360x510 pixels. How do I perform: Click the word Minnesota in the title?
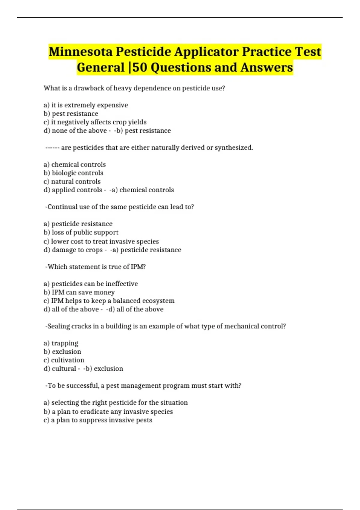[81, 52]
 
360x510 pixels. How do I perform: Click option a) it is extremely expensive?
[86, 105]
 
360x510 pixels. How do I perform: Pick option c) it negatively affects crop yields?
[95, 122]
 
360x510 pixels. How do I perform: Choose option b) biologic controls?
[73, 173]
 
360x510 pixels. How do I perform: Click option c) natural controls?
[72, 181]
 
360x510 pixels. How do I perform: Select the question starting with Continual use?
[120, 207]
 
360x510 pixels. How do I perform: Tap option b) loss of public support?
[81, 232]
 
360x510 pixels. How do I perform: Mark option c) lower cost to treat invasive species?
[101, 241]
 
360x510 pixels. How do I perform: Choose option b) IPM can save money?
[79, 292]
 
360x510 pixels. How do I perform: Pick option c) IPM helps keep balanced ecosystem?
[109, 301]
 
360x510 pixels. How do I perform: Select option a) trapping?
[61, 343]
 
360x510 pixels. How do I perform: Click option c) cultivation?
[64, 360]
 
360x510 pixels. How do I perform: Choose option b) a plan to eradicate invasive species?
[108, 412]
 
